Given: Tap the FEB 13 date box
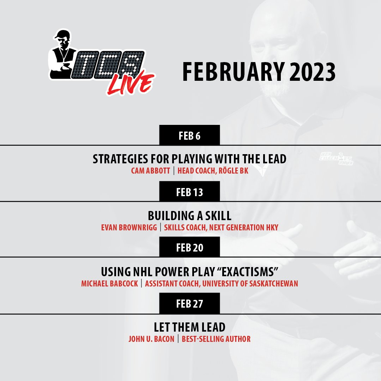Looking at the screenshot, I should point(189,192).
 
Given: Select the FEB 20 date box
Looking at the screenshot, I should point(189,248).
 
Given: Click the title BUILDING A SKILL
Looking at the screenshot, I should point(189,215).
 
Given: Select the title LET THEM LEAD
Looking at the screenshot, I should point(189,327).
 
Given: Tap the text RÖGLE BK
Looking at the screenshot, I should point(236,171).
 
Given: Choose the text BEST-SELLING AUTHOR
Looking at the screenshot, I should point(216,339).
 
